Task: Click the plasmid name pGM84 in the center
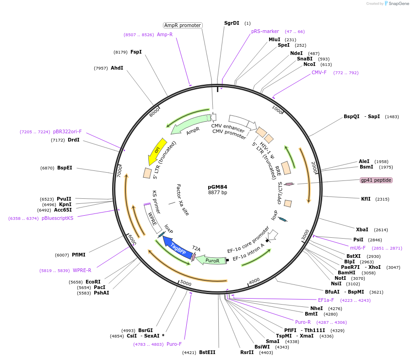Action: [x=217, y=187]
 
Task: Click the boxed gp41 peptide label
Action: [x=376, y=180]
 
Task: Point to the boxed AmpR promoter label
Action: [x=183, y=25]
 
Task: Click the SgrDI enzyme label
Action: [x=232, y=23]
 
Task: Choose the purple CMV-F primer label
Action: [x=319, y=72]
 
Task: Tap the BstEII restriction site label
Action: [x=207, y=352]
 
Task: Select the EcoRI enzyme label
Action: [x=93, y=282]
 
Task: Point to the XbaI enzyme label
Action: [x=362, y=229]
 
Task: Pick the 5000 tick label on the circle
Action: [x=185, y=283]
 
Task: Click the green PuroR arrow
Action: [x=212, y=260]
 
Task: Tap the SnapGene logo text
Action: [x=399, y=3]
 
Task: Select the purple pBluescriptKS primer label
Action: [x=57, y=218]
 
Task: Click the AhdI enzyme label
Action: [x=117, y=68]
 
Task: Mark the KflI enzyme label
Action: [x=366, y=199]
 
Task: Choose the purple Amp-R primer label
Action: [x=165, y=34]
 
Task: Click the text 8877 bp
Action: [x=217, y=192]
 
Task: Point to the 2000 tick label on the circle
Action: [x=313, y=168]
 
